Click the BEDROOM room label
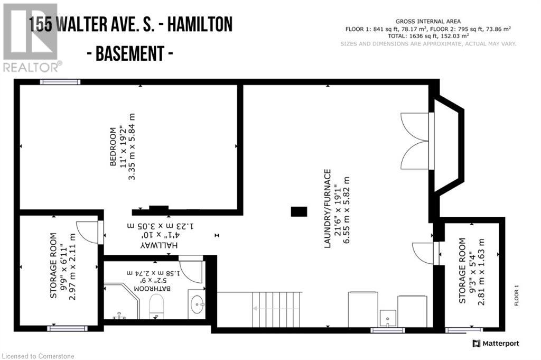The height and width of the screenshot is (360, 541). tap(113, 147)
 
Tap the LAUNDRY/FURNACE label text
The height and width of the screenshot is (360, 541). tap(328, 208)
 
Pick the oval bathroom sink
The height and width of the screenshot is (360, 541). tap(197, 304)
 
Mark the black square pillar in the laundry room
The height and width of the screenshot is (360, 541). tap(299, 211)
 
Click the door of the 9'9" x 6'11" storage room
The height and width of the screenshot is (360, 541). tap(89, 232)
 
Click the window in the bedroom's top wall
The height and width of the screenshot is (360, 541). tap(60, 82)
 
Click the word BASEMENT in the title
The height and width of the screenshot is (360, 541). tap(134, 54)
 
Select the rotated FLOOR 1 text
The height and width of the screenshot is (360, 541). tap(517, 296)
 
